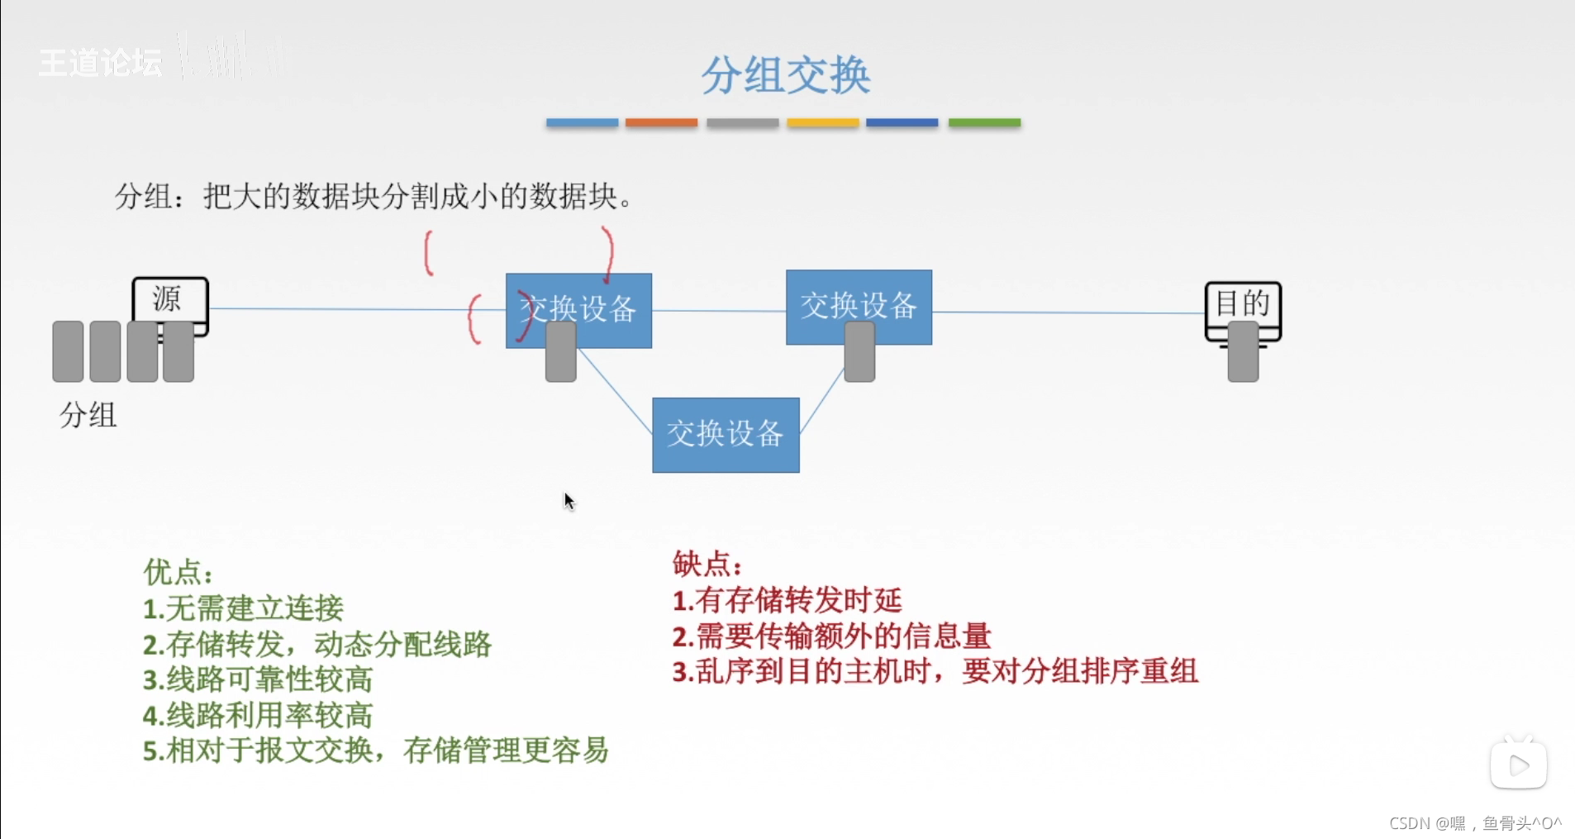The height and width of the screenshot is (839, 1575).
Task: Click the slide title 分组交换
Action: [x=786, y=75]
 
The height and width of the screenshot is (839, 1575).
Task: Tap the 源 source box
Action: [x=169, y=299]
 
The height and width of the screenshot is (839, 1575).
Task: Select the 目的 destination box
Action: [x=1243, y=303]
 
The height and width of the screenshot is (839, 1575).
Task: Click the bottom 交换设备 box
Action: [x=726, y=435]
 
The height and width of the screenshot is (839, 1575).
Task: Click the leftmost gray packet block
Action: [x=68, y=351]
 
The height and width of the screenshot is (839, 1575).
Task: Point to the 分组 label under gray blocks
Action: [x=88, y=414]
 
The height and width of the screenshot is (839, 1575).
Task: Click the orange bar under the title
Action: [x=661, y=122]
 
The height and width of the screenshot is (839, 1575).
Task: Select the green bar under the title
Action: [x=984, y=122]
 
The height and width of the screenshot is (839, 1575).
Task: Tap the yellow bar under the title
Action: [x=823, y=122]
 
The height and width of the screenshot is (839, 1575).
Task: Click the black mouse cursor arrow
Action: [x=569, y=501]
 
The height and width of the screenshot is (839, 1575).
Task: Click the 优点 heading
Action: [x=178, y=571]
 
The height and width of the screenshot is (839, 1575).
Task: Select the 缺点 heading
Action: [x=707, y=564]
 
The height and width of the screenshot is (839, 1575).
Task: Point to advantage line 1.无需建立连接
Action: [x=243, y=608]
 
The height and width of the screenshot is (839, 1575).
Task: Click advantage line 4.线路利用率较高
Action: [x=258, y=715]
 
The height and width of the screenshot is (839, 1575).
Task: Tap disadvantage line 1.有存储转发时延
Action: [x=787, y=600]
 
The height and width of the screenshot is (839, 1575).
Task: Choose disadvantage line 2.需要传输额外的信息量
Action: [x=831, y=636]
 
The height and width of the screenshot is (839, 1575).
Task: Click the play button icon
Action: [x=1519, y=765]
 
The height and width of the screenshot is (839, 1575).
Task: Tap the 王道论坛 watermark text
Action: [x=100, y=63]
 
